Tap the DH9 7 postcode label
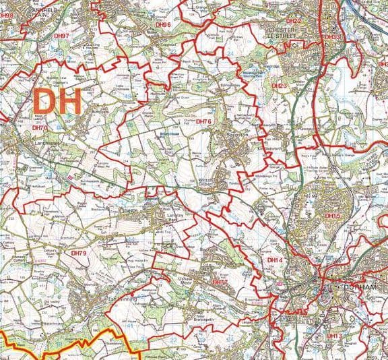pos(62,35)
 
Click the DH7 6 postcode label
pos(203,121)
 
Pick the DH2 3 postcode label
pos(279,86)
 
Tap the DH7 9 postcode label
pos(79,252)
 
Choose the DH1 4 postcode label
pos(275,259)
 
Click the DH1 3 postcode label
pos(335,335)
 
